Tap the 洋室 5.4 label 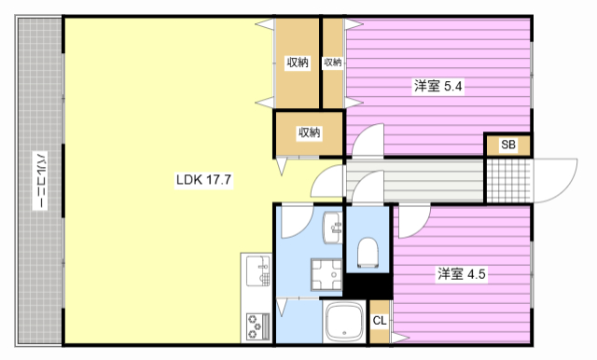click(x=438, y=87)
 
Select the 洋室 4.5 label click(x=463, y=274)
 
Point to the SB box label click(x=507, y=145)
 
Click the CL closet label click(x=380, y=321)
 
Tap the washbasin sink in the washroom click(x=332, y=227)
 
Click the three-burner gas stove click(x=257, y=325)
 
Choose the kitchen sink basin click(x=255, y=273)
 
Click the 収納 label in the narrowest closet click(x=332, y=62)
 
